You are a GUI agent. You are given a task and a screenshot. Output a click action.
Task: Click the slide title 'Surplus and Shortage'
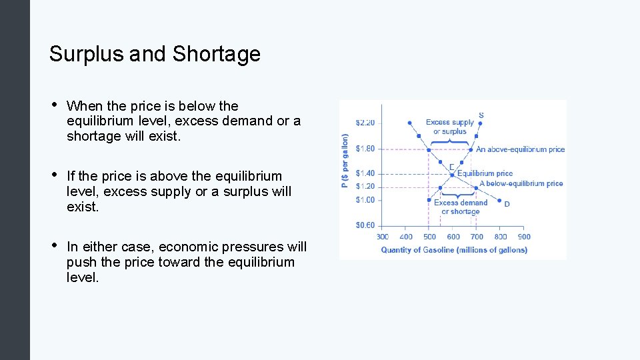point(155,54)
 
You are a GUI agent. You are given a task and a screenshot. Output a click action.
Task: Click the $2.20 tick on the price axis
point(365,123)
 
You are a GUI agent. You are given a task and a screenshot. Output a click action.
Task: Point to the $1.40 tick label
point(365,173)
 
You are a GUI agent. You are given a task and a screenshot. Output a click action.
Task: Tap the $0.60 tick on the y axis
point(365,225)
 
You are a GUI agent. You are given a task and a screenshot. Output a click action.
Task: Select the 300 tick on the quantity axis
point(383,237)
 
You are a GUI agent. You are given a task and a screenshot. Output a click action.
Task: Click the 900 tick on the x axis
point(524,237)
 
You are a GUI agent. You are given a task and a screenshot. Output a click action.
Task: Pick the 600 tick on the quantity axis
point(453,237)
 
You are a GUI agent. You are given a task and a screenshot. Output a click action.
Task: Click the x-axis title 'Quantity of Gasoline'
point(454,250)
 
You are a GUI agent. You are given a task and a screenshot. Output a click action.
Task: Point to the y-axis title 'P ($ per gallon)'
point(345,161)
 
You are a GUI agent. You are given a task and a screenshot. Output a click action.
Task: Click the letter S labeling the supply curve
point(481,115)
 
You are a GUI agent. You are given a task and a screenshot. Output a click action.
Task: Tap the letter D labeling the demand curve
point(507,203)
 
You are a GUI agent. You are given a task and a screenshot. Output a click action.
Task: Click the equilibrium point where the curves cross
point(452,175)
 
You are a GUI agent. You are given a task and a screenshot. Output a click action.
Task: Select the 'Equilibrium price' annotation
point(485,173)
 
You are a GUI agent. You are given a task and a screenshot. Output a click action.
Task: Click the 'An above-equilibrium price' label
point(520,149)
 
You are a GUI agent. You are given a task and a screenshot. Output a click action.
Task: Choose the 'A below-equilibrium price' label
point(521,183)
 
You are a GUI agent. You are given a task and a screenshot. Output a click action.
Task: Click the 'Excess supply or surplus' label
point(450,127)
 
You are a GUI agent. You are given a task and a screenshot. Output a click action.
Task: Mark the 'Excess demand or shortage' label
point(461,207)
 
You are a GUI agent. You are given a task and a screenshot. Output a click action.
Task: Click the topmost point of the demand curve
point(409,123)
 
